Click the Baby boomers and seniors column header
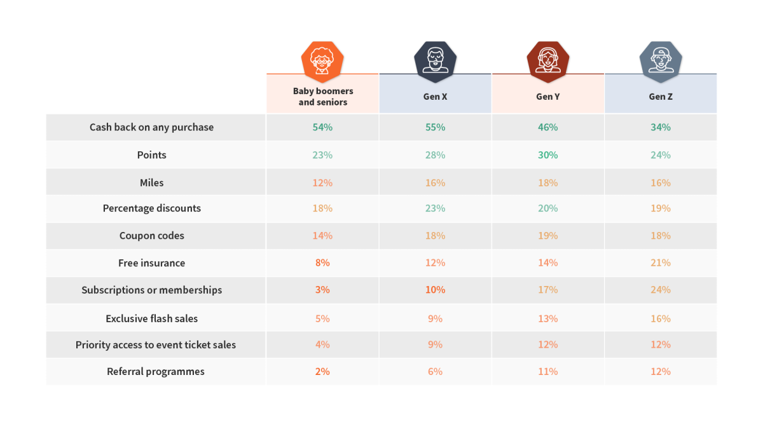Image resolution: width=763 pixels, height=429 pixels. pos(323,97)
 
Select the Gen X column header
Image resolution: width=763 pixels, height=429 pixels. pos(435,97)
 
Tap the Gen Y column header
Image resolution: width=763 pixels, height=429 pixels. pos(547,97)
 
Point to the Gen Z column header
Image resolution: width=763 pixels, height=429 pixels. pos(660,97)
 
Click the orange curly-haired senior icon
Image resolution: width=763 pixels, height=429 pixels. pos(322,61)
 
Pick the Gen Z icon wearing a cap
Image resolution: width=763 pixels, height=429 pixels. pos(661,61)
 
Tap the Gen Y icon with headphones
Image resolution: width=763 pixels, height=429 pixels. pos(547,61)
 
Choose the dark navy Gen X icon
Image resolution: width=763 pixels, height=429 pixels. pos(435,61)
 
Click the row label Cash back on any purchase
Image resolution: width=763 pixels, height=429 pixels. pos(151,127)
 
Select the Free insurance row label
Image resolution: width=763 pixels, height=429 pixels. pos(151,263)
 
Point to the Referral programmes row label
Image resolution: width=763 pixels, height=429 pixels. pos(156,372)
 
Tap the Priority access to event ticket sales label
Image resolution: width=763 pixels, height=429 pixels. pos(156,345)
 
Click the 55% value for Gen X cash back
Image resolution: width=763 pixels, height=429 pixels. pos(435,127)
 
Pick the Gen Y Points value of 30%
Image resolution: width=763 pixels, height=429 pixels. pos(547,155)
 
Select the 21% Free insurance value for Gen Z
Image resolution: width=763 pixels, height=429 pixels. pos(660,263)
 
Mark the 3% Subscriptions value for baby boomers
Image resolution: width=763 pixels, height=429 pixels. pos(322,290)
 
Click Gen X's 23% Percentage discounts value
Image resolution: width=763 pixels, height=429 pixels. pos(435,208)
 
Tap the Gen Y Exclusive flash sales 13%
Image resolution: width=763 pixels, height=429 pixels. pos(547,318)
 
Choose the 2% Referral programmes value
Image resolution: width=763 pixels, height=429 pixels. pos(322,372)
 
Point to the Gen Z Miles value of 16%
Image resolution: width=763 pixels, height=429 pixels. pos(660,183)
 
